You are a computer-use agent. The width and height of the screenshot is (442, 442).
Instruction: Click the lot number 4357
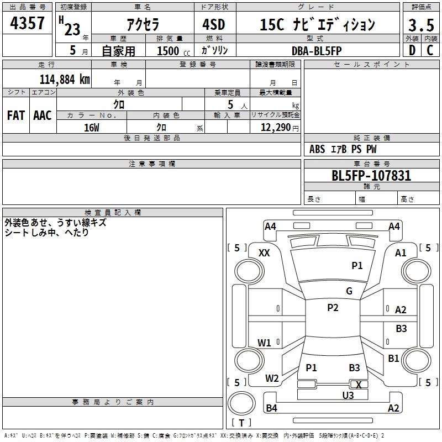28,24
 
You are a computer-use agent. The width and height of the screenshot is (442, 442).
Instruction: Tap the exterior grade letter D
412,50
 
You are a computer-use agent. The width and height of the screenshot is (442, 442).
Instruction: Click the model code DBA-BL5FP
317,51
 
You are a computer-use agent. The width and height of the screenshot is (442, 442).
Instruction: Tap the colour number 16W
92,127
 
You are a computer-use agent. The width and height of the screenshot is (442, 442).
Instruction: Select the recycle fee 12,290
275,127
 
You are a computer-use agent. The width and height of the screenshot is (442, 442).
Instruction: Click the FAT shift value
16,115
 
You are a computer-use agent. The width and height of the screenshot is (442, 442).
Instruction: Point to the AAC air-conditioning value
43,115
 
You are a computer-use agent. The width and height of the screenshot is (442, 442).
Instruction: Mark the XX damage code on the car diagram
264,252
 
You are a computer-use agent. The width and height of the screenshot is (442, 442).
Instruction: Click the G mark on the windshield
349,291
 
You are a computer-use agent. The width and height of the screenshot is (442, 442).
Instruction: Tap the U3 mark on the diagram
348,394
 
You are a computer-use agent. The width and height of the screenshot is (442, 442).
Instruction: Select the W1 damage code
264,343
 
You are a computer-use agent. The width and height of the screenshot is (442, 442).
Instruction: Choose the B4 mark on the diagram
271,408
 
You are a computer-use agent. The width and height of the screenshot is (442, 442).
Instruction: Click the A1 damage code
401,252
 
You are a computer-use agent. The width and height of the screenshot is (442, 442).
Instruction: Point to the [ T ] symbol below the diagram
241,423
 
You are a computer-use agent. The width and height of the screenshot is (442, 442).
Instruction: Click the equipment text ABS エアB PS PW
343,149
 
